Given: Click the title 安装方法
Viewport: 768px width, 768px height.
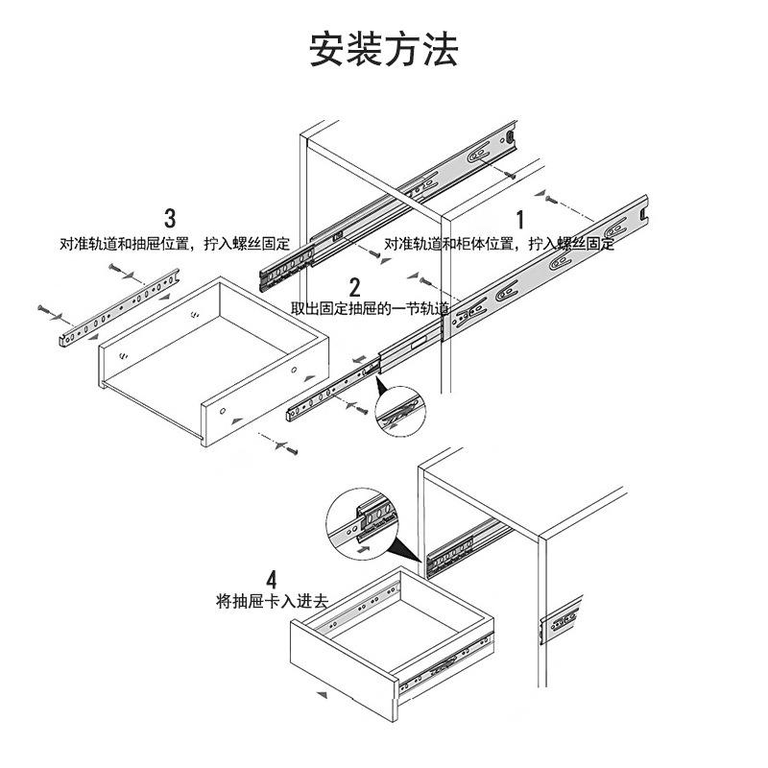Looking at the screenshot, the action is [384, 49].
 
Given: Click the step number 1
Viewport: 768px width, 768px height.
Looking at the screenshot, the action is [520, 220].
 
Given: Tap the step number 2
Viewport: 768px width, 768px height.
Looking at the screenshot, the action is [354, 287].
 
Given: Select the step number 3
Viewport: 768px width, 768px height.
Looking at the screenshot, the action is [170, 219].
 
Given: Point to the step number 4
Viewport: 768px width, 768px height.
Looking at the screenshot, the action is [272, 580].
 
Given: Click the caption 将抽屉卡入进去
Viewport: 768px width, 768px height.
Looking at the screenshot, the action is [272, 601].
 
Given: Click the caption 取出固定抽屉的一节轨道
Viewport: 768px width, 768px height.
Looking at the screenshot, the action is [371, 308].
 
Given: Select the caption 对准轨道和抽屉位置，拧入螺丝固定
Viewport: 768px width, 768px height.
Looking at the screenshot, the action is [175, 244].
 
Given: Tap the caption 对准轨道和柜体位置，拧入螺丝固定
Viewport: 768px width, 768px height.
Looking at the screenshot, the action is [499, 244].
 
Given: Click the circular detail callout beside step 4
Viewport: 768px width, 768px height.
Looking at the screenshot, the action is [362, 523].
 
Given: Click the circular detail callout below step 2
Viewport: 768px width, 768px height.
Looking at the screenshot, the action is [400, 411].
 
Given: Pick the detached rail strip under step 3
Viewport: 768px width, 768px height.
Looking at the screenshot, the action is [119, 308].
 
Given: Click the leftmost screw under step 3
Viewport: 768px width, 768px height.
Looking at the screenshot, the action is [43, 309].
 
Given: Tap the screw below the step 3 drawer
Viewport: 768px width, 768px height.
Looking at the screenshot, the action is [292, 449].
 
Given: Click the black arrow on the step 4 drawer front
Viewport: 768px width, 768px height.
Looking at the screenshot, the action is [322, 694].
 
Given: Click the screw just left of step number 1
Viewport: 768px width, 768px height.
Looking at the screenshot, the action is [551, 199].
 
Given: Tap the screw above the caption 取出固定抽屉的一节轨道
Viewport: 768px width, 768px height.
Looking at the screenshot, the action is [425, 281].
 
